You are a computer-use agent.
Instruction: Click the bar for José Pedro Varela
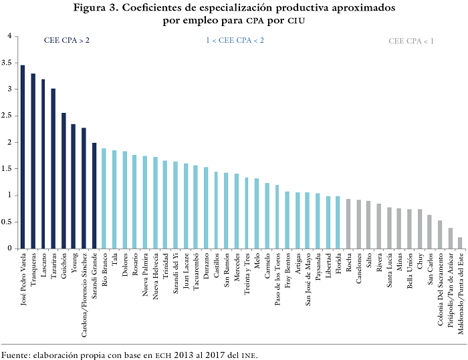(23, 157)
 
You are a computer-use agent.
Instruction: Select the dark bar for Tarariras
(53, 168)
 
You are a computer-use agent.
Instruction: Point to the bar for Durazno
(206, 208)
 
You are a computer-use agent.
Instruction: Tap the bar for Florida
(338, 222)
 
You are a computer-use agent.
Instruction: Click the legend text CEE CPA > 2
(67, 41)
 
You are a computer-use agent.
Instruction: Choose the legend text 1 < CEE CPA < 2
(235, 41)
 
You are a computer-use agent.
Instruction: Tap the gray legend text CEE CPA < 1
(411, 41)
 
